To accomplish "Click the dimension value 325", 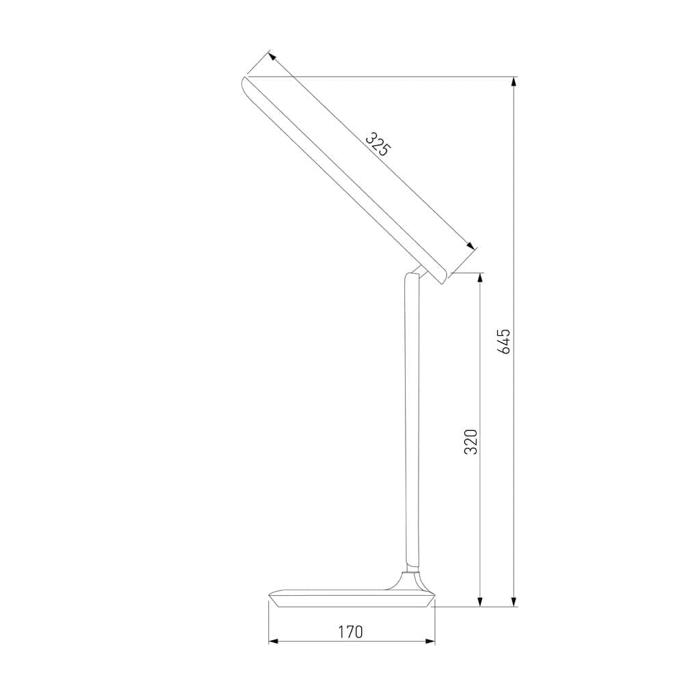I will [x=377, y=144].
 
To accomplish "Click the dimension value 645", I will [x=505, y=341].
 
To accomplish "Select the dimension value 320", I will [x=471, y=442].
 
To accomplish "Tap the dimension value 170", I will [x=350, y=631].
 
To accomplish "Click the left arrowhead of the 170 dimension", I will [x=274, y=641].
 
